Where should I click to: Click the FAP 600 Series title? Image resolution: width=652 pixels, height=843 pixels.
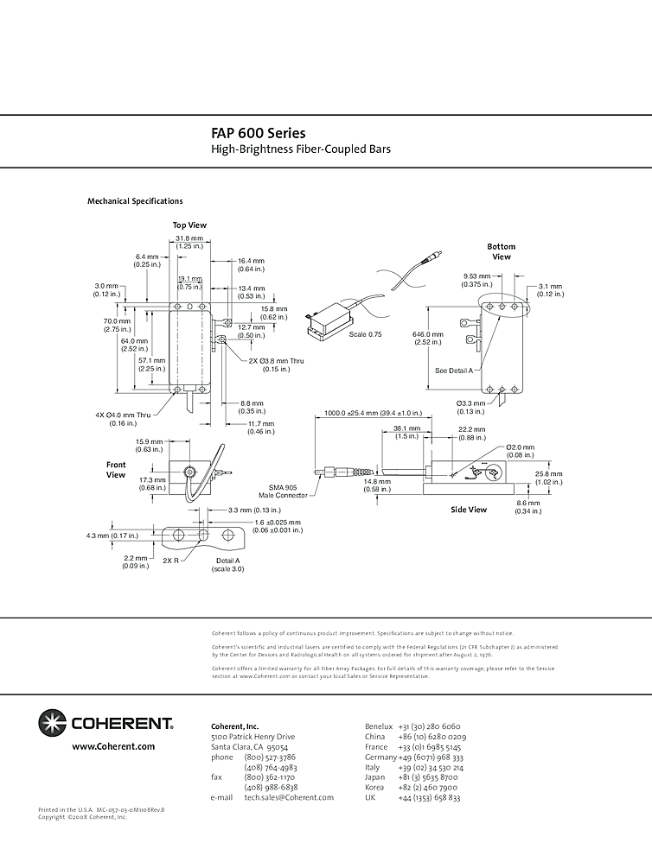tap(258, 134)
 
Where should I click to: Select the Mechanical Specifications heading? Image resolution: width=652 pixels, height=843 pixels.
tap(135, 201)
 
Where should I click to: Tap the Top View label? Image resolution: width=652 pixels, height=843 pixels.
tap(189, 225)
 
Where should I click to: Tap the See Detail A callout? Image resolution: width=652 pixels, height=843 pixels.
tap(455, 370)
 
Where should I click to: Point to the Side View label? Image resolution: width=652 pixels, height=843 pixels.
tap(470, 510)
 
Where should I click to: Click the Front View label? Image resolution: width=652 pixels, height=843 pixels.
tap(116, 470)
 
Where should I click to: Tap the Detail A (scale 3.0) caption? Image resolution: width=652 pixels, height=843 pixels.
tap(228, 565)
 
